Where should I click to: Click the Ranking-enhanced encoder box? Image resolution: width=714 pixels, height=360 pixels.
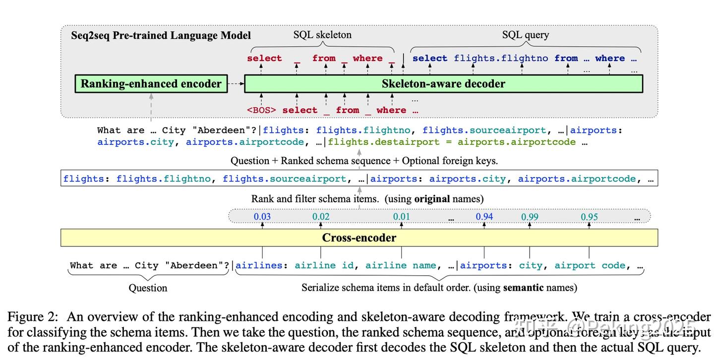[x=151, y=84]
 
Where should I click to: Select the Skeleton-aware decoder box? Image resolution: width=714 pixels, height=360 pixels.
[x=443, y=84]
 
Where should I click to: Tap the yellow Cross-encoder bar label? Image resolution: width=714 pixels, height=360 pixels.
[x=359, y=238]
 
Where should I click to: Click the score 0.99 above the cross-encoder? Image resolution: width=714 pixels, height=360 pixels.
[x=530, y=217]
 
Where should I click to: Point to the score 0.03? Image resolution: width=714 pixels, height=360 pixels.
[x=262, y=217]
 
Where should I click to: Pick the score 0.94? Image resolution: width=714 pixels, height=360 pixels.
[x=484, y=217]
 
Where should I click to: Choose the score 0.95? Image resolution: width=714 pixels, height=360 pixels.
[x=589, y=217]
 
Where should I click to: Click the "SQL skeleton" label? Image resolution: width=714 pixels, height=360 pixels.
[x=322, y=35]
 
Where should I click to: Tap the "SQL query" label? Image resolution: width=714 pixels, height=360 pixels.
[x=526, y=35]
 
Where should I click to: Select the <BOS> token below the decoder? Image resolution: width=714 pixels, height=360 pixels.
[x=261, y=110]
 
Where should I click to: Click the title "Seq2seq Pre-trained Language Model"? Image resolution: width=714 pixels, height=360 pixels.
[x=161, y=36]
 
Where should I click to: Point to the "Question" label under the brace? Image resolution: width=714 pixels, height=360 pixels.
[x=148, y=288]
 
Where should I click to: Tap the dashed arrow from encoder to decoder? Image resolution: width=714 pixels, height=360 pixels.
[x=236, y=84]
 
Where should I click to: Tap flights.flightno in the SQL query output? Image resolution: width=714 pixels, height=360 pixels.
[x=501, y=59]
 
